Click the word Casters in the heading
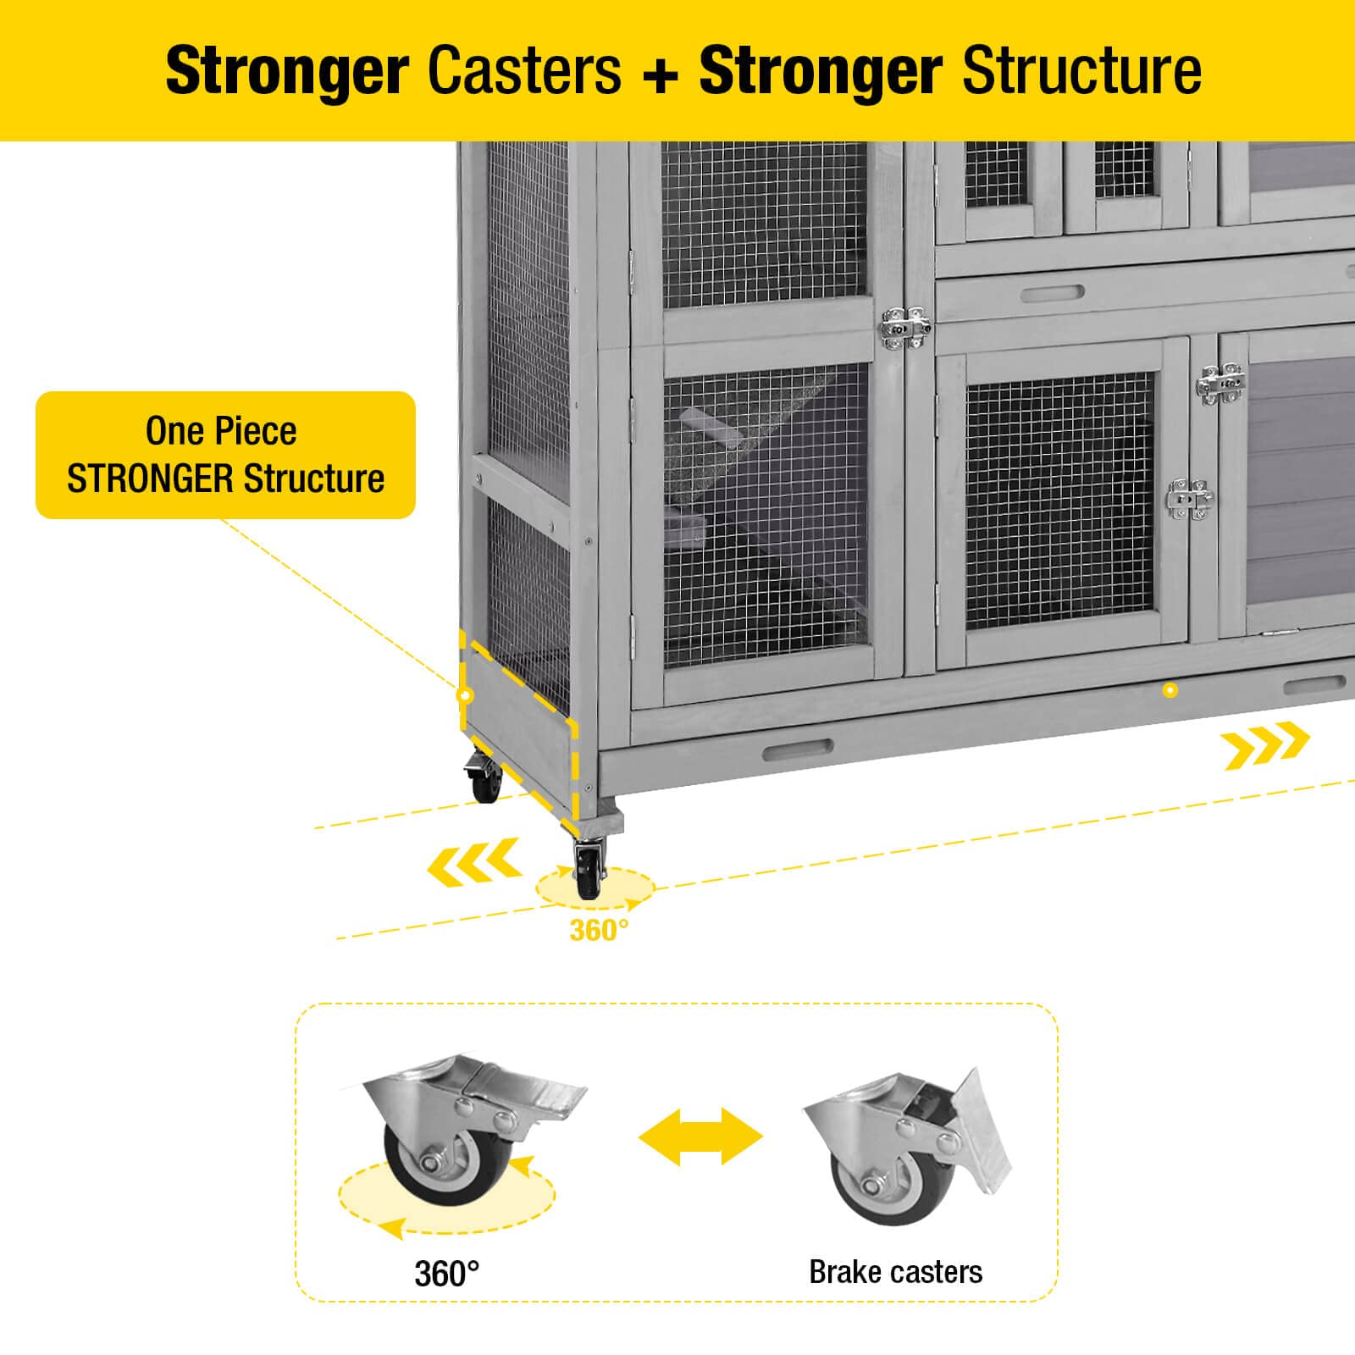click(x=524, y=71)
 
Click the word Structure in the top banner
click(x=1081, y=71)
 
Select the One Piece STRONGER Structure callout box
click(x=225, y=455)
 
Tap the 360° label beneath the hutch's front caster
click(x=599, y=931)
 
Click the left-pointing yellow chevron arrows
click(x=473, y=863)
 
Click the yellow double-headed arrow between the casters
click(x=700, y=1136)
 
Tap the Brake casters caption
click(x=895, y=1271)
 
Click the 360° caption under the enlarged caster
click(x=446, y=1273)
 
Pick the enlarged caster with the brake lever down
click(x=906, y=1143)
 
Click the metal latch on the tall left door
click(x=904, y=327)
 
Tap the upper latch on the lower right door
click(x=1219, y=383)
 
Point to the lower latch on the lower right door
click(x=1189, y=499)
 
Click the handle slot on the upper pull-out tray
click(x=1053, y=293)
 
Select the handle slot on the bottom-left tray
click(x=798, y=750)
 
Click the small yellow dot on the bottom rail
click(x=1170, y=690)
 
